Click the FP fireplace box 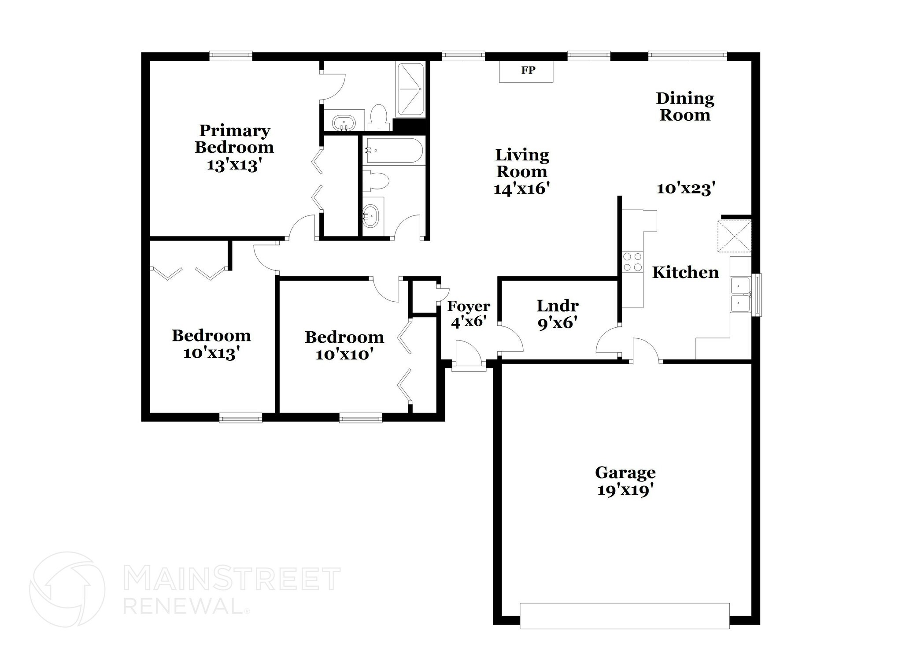coord(526,71)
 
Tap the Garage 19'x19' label coord(625,481)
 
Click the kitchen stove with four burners coord(632,262)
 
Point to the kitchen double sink coord(740,294)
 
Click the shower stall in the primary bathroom coord(410,90)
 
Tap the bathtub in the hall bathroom coord(393,151)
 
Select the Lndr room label coord(558,305)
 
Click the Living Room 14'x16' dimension coord(522,189)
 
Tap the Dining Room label coord(685,107)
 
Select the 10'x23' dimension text coord(685,189)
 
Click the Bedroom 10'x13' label coord(211,344)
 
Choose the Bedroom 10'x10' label coord(344,345)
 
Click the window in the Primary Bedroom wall coord(231,56)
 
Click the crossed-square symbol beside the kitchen coord(734,237)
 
